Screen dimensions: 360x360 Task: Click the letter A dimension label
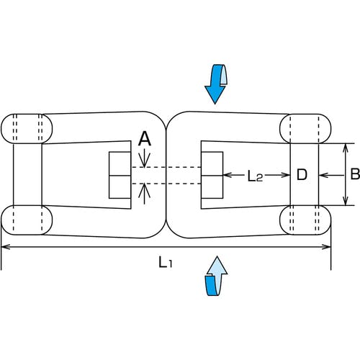pos(145,139)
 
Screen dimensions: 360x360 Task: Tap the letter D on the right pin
pos(302,174)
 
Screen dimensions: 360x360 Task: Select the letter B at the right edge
pos(355,174)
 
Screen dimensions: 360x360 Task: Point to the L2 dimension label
pos(256,176)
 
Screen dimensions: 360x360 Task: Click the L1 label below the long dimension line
pos(166,262)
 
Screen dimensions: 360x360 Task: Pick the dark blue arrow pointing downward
pos(216,84)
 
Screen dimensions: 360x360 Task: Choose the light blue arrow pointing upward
pos(216,276)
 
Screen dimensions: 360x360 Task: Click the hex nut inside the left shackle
pos(120,175)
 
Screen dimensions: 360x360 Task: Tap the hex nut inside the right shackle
pos(212,175)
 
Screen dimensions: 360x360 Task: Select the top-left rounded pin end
pos(27,129)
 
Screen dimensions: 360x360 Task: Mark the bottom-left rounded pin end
pos(27,220)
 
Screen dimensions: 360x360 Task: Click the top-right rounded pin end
pos(305,129)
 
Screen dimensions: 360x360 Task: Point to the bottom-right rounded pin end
pos(305,220)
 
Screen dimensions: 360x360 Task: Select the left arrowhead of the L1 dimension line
pos(6,247)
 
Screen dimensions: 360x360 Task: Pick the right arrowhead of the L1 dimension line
pos(326,247)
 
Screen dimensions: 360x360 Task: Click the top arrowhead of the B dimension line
pos(345,149)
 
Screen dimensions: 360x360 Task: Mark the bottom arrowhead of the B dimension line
pos(345,200)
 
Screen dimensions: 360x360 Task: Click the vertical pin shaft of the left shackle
pos(27,174)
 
